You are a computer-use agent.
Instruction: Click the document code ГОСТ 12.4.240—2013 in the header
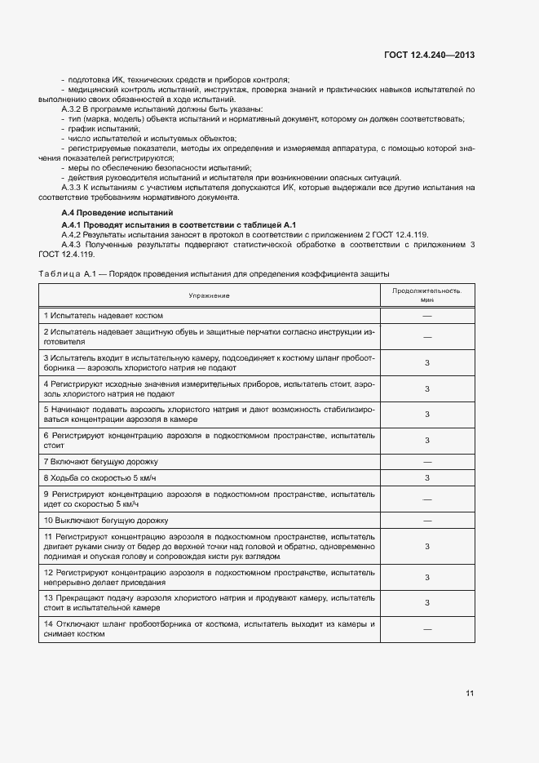tap(430, 55)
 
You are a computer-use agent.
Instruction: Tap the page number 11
tap(470, 693)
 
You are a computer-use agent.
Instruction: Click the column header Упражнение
tap(210, 295)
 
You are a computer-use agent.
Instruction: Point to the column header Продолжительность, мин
tap(426, 295)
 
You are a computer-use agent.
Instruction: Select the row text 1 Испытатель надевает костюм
tap(104, 315)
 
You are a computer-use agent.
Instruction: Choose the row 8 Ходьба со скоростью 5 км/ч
tap(99, 477)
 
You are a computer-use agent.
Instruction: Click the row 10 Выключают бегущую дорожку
tap(105, 520)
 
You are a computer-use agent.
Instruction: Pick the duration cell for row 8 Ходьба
tap(426, 477)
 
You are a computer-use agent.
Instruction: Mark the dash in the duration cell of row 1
tap(426, 315)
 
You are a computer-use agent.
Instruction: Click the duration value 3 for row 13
tap(426, 603)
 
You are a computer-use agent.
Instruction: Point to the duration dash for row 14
tap(426, 629)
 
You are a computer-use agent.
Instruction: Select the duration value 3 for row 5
tap(426, 415)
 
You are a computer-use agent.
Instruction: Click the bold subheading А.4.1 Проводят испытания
tap(179, 224)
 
